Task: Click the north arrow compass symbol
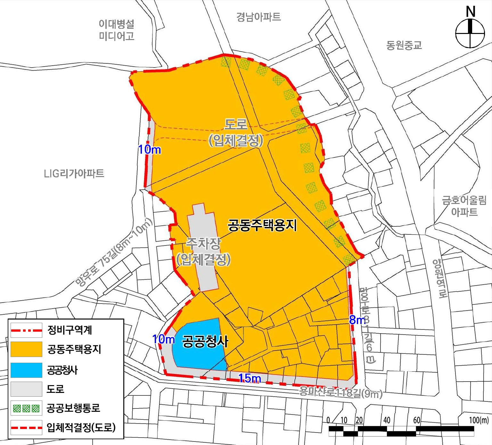470,33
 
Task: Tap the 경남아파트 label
258,17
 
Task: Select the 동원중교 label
404,45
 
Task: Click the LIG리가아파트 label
74,174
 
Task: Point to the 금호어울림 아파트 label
464,206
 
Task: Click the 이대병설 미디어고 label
116,30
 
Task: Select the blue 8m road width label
357,320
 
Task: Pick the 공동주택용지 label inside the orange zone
262,225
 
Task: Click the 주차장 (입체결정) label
204,252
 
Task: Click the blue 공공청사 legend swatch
26,370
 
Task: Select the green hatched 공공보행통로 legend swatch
26,408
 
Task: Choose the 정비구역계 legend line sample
26,330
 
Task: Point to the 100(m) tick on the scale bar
479,420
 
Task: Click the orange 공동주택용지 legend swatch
26,349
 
